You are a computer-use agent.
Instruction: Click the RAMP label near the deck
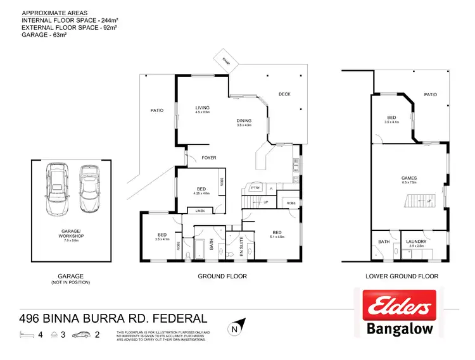tap(226, 61)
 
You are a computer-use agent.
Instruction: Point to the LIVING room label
tap(202, 108)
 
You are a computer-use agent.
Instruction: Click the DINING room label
tap(244, 121)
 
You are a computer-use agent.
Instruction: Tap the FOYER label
tap(209, 158)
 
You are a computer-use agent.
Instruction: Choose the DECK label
tap(284, 94)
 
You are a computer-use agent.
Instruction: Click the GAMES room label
tap(408, 178)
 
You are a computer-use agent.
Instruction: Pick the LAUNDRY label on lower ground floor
tap(416, 242)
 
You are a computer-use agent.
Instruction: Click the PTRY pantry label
tap(255, 188)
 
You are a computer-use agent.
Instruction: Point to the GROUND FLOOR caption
tap(222, 276)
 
